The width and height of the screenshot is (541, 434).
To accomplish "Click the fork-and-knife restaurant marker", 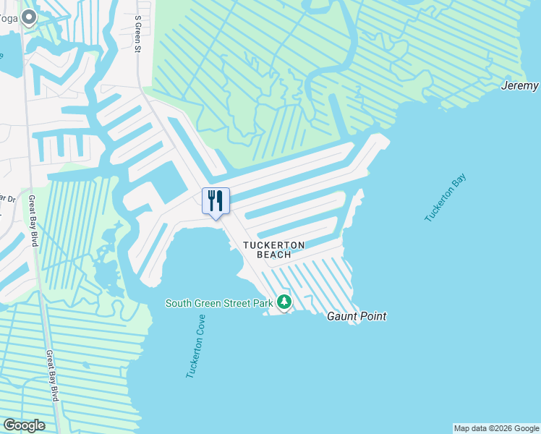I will [216, 201].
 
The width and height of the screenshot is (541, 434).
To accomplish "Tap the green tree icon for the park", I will [284, 302].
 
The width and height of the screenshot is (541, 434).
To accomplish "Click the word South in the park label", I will [181, 303].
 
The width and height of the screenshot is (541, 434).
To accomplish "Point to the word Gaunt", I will [343, 316].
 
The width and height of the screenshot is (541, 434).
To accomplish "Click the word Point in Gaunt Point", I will [373, 316].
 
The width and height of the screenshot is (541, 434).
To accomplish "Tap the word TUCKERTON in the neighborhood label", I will [273, 245].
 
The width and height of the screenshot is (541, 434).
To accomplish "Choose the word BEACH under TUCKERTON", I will [273, 255].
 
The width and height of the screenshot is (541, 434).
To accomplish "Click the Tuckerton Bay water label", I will [446, 197].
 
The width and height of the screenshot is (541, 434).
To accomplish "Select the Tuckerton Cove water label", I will [195, 346].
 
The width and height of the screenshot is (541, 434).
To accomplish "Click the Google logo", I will [24, 425].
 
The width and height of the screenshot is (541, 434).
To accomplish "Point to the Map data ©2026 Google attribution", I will [496, 428].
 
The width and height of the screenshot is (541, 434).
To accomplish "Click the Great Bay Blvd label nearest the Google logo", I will [53, 376].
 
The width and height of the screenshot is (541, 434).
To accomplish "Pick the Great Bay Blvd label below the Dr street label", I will [32, 221].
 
